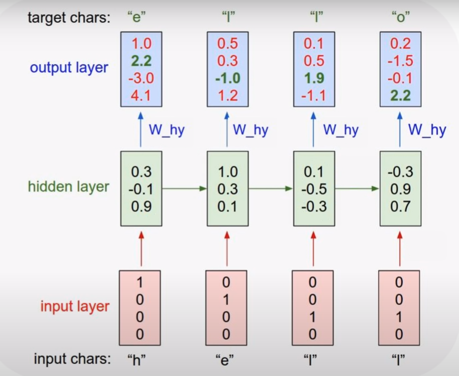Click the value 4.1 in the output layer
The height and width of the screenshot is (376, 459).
click(141, 95)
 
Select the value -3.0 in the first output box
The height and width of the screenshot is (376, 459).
click(141, 78)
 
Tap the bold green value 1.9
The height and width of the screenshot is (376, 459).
click(314, 78)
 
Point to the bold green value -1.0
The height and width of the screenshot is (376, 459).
click(227, 78)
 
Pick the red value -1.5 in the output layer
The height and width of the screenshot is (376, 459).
click(400, 61)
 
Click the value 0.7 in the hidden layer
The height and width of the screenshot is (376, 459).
click(400, 206)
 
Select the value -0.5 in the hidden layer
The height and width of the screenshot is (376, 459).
click(314, 189)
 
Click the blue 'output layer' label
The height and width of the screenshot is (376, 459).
click(68, 68)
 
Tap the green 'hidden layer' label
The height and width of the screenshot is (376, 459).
click(68, 187)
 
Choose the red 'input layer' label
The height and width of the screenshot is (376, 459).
click(75, 306)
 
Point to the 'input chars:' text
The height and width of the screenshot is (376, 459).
click(72, 359)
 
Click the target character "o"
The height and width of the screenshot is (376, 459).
click(400, 19)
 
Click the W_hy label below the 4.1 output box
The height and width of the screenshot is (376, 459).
click(166, 130)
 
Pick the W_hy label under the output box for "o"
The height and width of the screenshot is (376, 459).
click(427, 130)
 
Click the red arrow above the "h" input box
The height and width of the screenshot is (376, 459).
click(141, 249)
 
